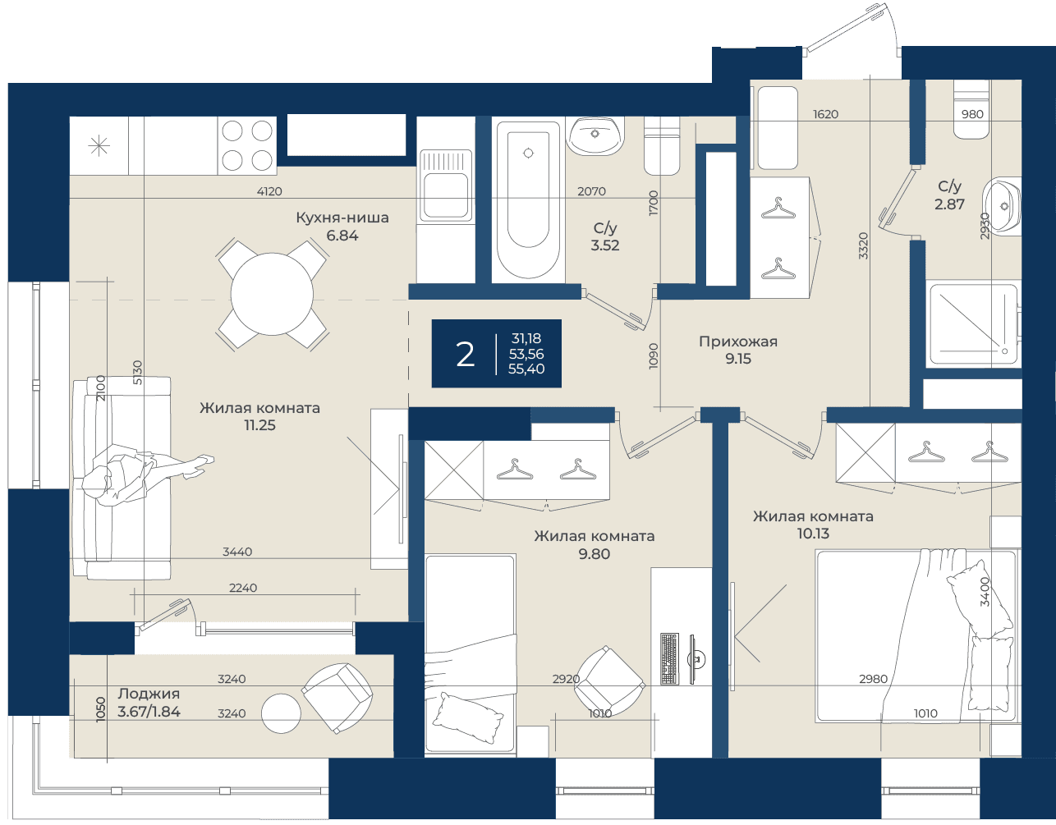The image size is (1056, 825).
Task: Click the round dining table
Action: pyautogui.click(x=272, y=294)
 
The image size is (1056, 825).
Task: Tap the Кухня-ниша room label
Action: pyautogui.click(x=342, y=218)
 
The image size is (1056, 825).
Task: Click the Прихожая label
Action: pyautogui.click(x=738, y=341)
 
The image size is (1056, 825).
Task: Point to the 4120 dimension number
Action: pyautogui.click(x=269, y=191)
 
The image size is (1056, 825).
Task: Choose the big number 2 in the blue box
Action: pyautogui.click(x=465, y=355)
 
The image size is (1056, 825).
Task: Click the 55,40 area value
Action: pyautogui.click(x=526, y=369)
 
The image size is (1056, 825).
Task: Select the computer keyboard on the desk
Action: pyautogui.click(x=670, y=659)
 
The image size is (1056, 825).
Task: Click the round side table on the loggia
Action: pyautogui.click(x=281, y=713)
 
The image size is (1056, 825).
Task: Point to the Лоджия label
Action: pyautogui.click(x=149, y=694)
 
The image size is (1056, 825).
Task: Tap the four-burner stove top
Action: pyautogui.click(x=247, y=145)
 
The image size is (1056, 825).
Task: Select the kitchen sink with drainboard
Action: pyautogui.click(x=446, y=186)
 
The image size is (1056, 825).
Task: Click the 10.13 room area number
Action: pyautogui.click(x=813, y=534)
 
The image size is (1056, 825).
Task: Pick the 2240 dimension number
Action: pyautogui.click(x=243, y=588)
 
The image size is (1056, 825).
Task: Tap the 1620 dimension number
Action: pyautogui.click(x=825, y=114)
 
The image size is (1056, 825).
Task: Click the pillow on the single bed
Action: pyautogui.click(x=468, y=717)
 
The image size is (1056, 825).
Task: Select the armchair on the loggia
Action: pyautogui.click(x=337, y=699)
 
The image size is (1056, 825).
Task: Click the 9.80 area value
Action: pyautogui.click(x=595, y=554)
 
